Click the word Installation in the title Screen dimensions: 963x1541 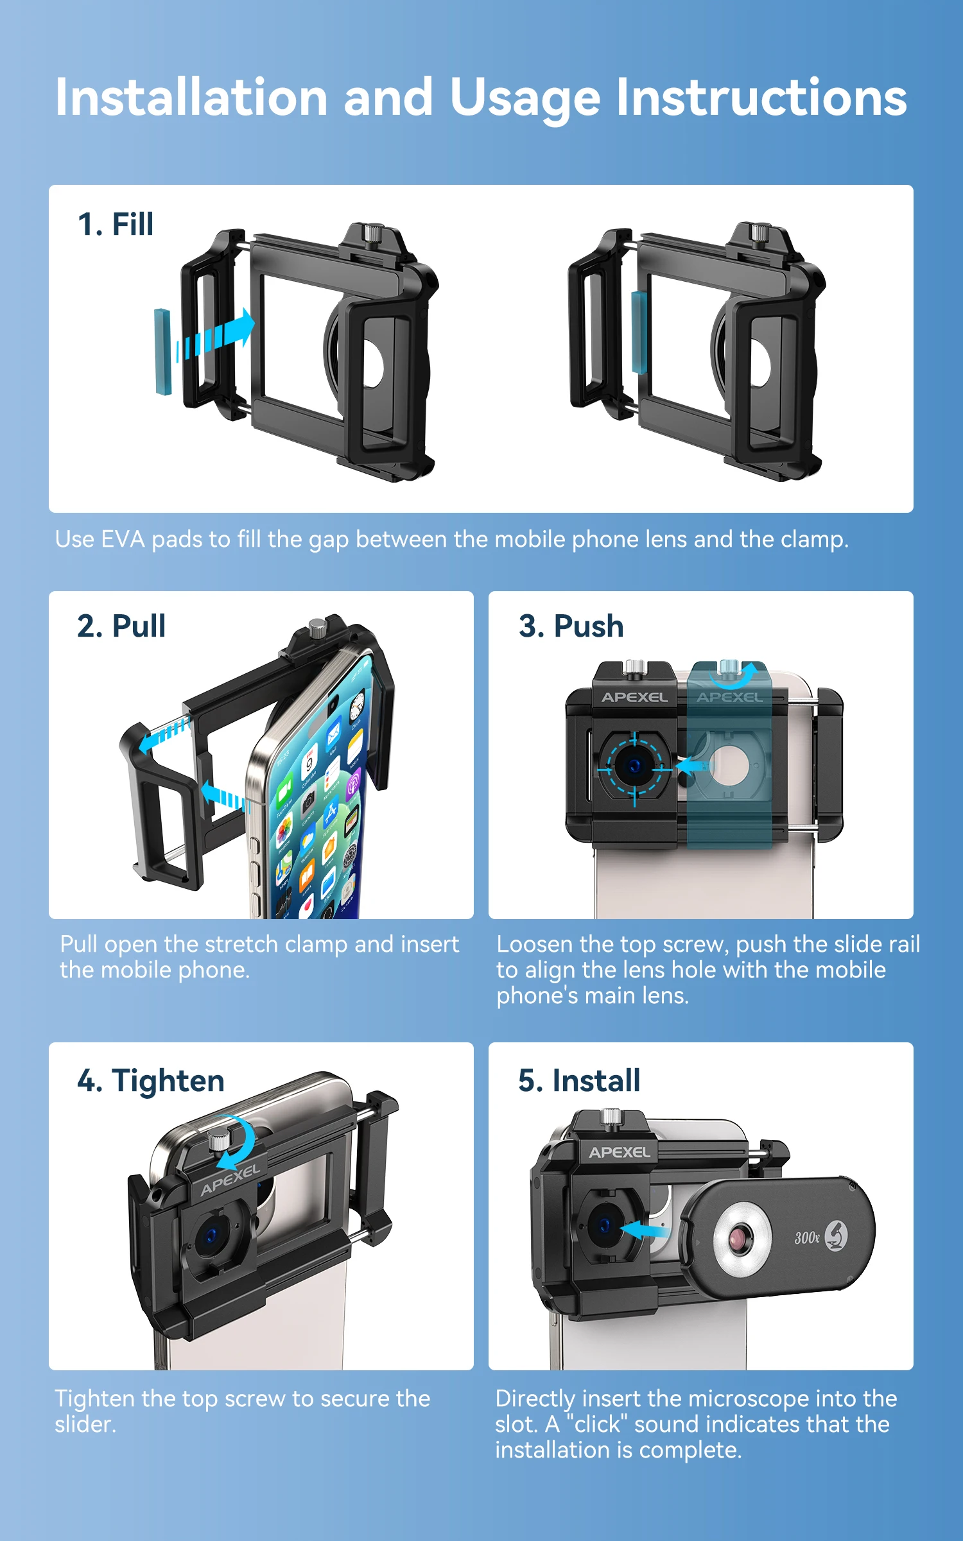tap(191, 97)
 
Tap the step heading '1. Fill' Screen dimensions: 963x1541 tap(116, 224)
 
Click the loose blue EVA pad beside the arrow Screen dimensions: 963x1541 tap(163, 351)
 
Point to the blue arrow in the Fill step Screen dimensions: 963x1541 tap(215, 334)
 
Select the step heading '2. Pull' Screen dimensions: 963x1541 tap(121, 626)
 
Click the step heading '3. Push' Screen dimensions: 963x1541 tap(571, 626)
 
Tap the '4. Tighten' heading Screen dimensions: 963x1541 tap(151, 1081)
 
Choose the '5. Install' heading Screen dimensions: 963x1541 tap(579, 1080)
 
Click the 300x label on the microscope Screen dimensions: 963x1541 tap(807, 1237)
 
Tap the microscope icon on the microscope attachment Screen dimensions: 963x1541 tap(836, 1235)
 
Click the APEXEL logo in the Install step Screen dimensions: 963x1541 tap(620, 1153)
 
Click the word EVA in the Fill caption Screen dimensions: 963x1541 tap(123, 539)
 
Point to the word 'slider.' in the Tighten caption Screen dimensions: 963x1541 tap(85, 1424)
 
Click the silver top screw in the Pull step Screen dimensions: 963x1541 tap(318, 628)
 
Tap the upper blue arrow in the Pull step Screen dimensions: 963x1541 tap(164, 734)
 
